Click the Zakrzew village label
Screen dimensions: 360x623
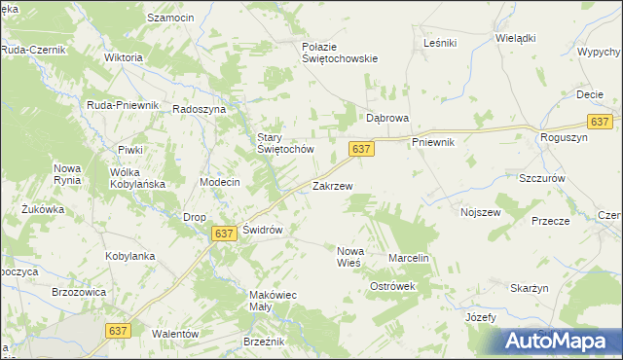[332, 185]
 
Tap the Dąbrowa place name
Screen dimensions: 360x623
[386, 117]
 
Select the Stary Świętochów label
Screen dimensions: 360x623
[284, 143]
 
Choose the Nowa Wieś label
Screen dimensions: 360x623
[348, 256]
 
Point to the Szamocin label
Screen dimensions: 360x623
[170, 18]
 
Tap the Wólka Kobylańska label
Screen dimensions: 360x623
[136, 177]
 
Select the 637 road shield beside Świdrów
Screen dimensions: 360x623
[224, 234]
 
